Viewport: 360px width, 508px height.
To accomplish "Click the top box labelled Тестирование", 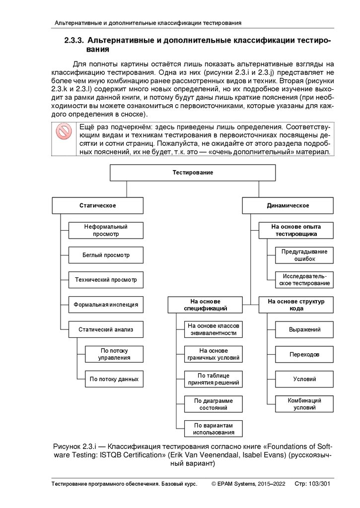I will coord(193,173).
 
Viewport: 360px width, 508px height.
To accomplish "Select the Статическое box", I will coord(98,205).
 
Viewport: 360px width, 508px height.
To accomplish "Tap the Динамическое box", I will coord(288,205).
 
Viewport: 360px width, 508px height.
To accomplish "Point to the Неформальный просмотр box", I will coord(106,230).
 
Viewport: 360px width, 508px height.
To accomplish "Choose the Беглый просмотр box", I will coord(106,255).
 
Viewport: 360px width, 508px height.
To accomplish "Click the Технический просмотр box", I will coord(106,280).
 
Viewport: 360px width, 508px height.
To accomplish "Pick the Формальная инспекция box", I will coord(106,305).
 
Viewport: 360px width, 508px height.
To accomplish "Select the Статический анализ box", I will coord(106,329).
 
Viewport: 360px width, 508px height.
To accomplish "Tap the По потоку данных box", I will coord(114,379).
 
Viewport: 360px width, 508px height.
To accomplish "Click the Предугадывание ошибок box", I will coord(304,255).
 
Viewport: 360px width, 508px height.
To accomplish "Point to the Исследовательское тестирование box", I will coord(304,279).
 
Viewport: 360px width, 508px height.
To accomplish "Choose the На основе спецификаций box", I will coord(205,305).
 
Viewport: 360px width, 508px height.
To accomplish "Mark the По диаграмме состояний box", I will coord(214,404).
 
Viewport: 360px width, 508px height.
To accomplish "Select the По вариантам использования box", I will coord(214,429).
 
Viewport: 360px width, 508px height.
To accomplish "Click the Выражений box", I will coord(304,329).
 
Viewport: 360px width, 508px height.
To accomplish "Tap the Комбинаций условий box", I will coord(304,404).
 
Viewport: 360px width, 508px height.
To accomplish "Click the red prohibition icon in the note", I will coord(64,132).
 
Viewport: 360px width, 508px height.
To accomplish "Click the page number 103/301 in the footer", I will coord(319,483).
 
